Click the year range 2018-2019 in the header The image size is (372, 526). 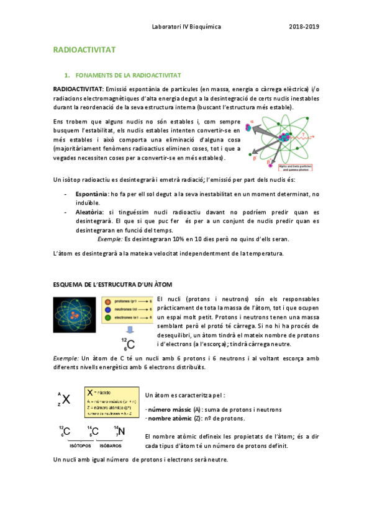(304, 27)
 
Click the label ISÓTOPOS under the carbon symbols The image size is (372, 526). (76, 445)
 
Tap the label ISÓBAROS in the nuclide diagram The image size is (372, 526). (110, 445)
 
